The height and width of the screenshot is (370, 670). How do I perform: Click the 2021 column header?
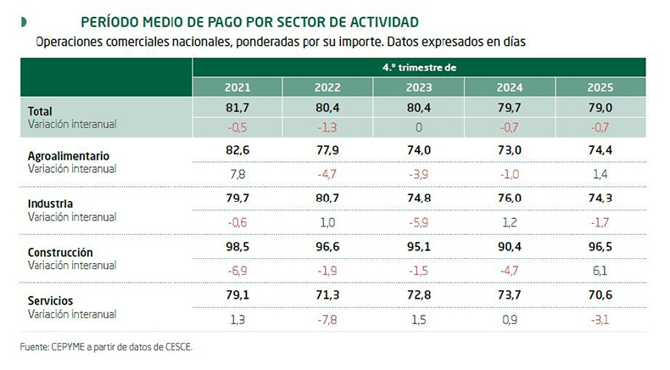[237, 87]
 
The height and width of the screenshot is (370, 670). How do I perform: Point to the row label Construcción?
[61, 252]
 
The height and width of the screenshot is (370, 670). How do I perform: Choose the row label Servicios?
[51, 300]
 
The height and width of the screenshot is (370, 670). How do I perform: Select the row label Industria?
[51, 204]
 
